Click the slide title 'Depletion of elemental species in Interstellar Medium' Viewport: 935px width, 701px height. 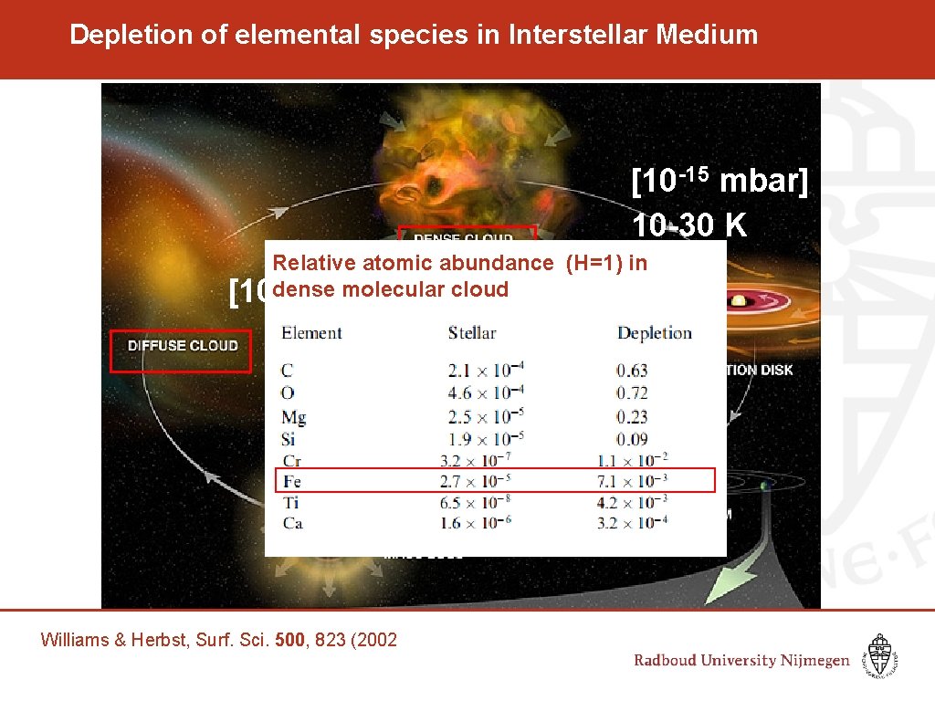414,36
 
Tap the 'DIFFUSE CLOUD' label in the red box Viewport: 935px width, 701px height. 182,346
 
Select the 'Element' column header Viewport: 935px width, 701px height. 311,333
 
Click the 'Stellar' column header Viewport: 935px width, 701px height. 471,333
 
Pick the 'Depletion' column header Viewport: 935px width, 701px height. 654,333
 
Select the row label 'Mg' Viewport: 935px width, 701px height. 293,417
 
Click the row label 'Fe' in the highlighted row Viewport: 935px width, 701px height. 291,481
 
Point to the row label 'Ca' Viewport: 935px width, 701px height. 292,523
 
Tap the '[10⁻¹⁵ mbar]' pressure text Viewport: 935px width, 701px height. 720,182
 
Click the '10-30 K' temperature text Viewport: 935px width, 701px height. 689,224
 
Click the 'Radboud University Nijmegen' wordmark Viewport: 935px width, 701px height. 741,661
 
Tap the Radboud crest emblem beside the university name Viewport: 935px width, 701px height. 880,655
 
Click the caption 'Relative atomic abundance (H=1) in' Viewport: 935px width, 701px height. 459,264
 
